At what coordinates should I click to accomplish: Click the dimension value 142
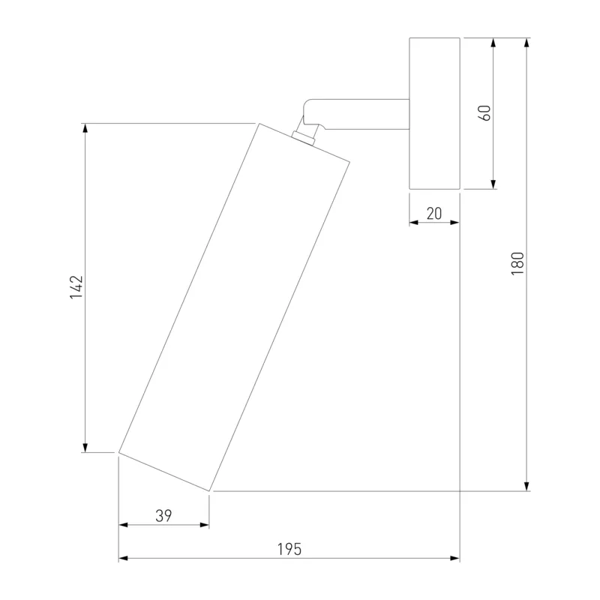point(76,287)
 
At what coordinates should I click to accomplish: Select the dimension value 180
point(517,263)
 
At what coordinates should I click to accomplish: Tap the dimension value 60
point(484,113)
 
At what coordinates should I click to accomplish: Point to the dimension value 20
point(434,214)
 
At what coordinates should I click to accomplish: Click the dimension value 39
point(163,516)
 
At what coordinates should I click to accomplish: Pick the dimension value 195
point(289,549)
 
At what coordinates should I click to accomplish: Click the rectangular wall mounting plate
point(435,113)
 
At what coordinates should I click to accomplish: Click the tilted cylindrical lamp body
point(234,307)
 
